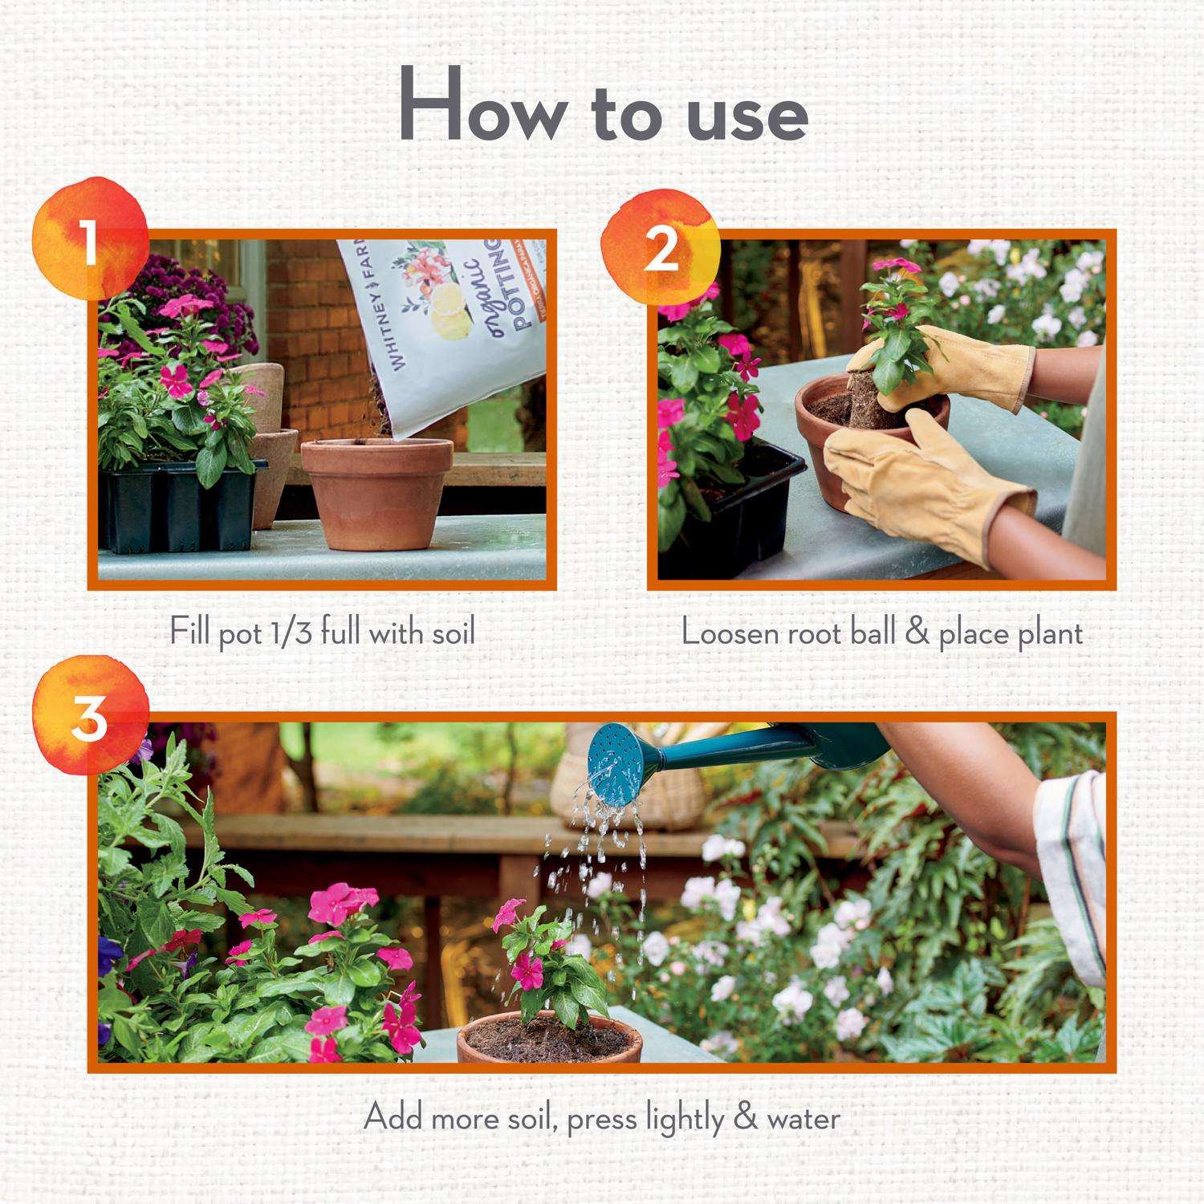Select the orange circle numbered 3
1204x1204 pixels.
point(90,717)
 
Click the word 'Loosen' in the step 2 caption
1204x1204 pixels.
point(730,633)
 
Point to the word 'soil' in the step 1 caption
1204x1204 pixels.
point(450,633)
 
